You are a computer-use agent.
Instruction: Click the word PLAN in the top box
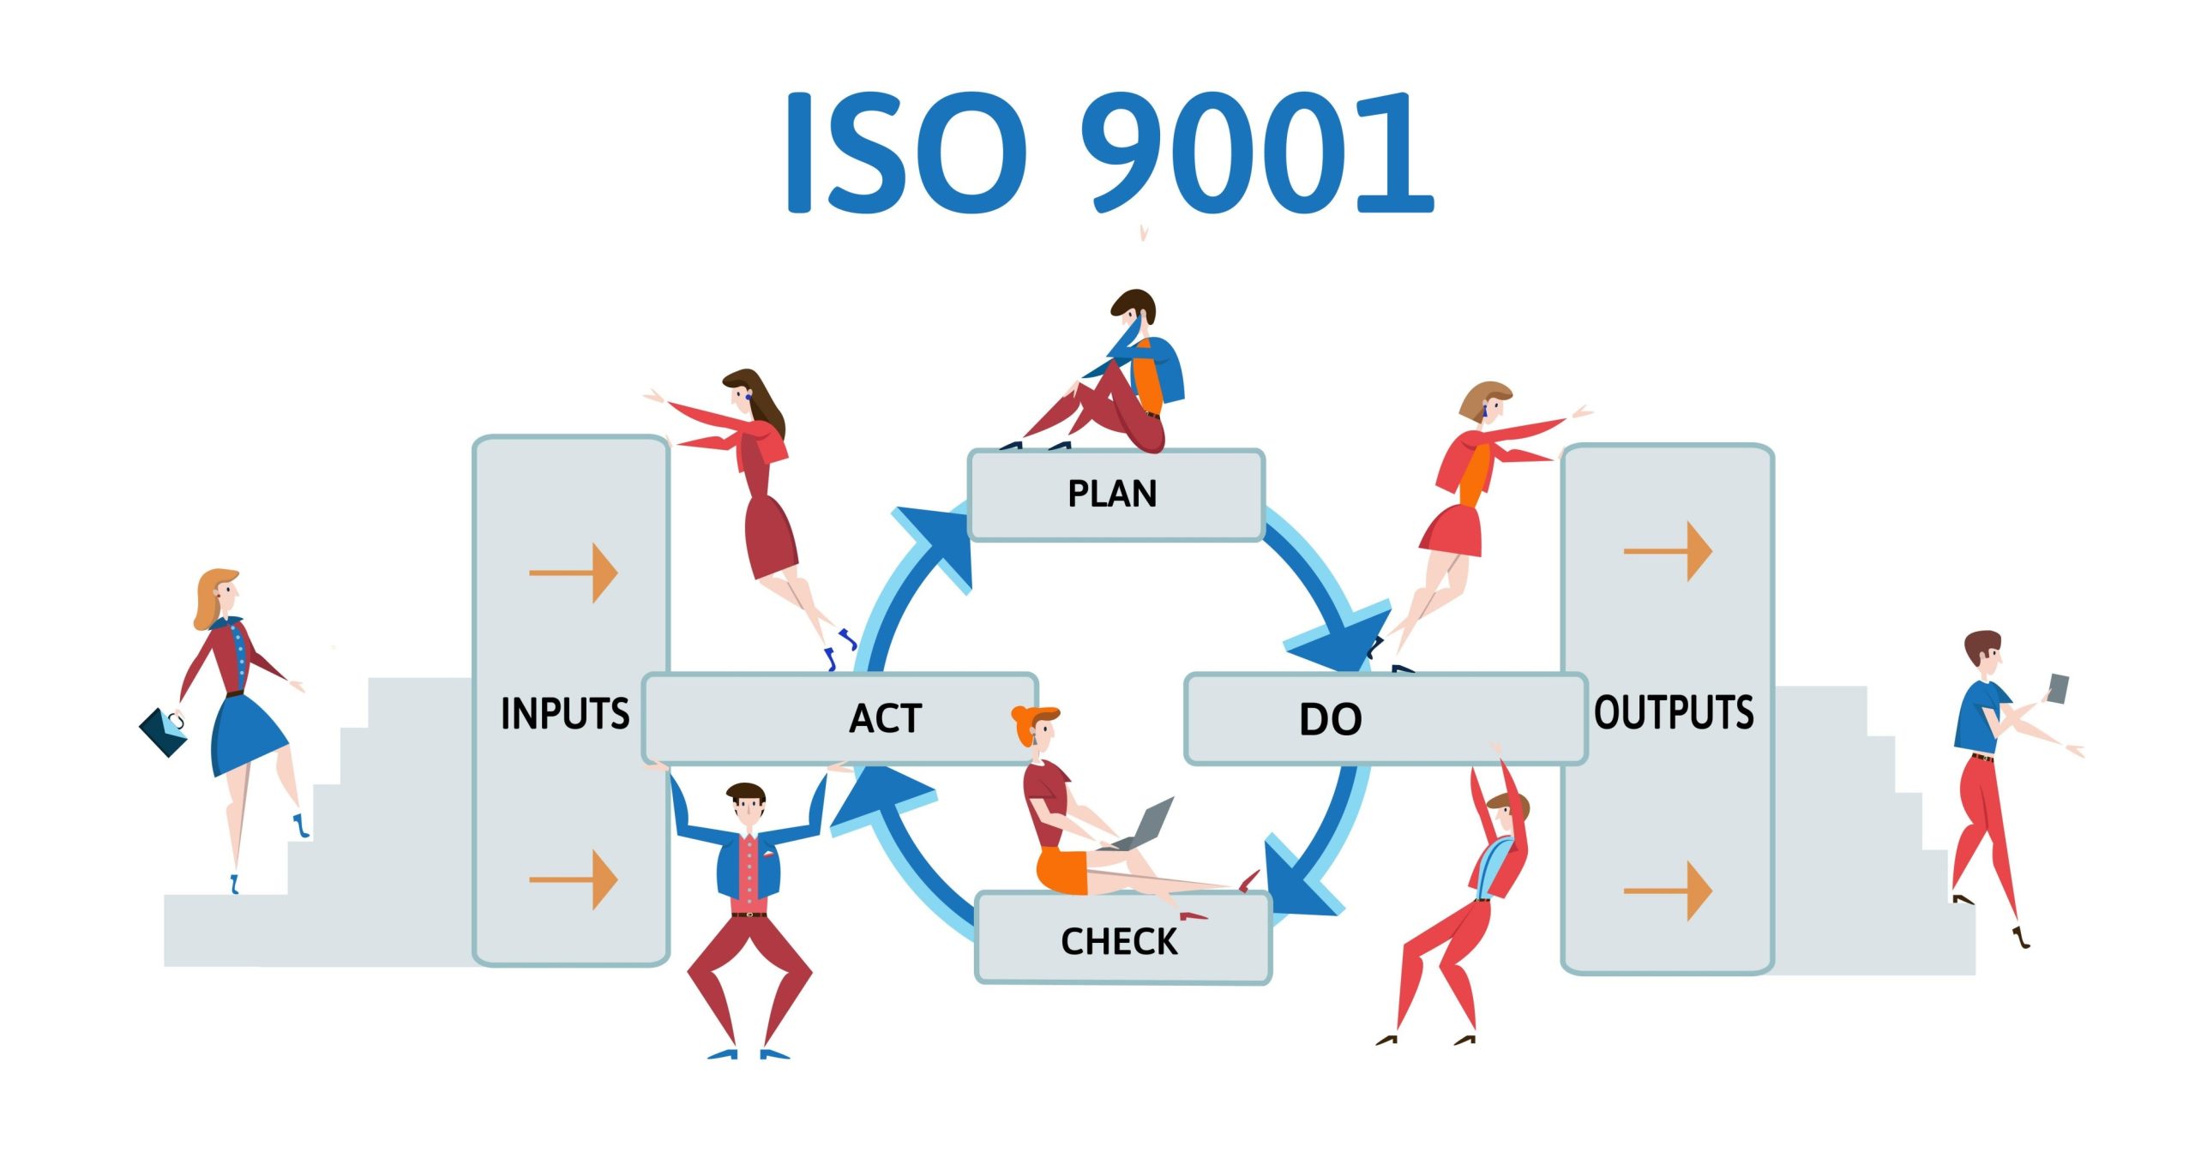1111,494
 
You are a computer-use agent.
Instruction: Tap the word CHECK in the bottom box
1119,941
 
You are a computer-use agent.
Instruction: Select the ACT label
885,718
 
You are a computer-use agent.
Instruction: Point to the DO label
1330,719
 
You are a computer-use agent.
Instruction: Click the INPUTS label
565,713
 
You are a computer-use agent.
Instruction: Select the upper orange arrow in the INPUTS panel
574,573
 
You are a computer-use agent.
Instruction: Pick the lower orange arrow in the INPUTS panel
574,879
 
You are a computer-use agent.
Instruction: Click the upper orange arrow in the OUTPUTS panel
1668,551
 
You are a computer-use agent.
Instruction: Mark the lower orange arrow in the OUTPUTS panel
1668,891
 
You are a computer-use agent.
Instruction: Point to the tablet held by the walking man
2058,688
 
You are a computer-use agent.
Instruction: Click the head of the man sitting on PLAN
1134,309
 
